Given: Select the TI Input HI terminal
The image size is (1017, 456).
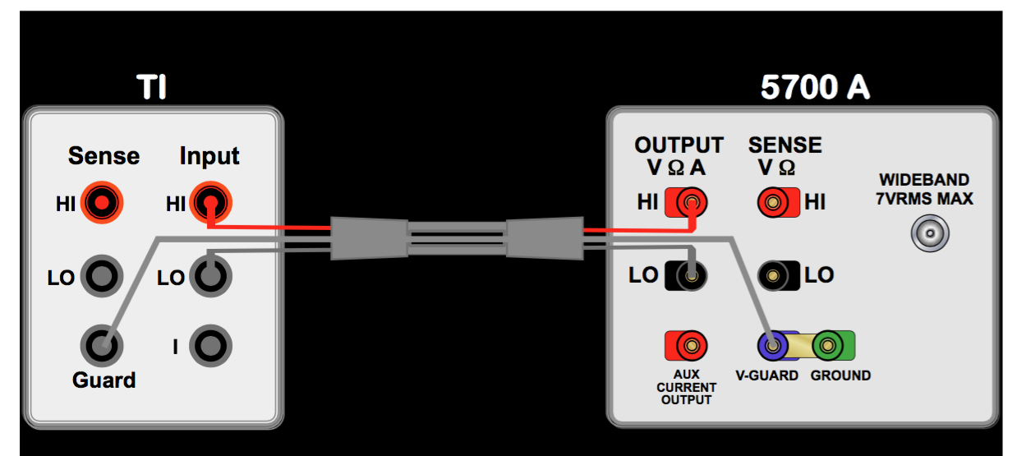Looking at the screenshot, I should click(210, 202).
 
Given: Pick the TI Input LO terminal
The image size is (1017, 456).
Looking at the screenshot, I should click(210, 276).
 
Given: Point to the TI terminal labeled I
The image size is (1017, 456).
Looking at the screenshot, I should click(210, 346).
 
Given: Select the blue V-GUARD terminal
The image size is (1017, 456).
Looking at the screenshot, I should click(773, 346).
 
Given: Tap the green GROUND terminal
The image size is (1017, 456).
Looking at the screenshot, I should click(829, 346).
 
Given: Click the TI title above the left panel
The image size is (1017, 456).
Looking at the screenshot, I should click(151, 86).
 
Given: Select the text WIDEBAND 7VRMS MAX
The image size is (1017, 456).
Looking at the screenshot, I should click(924, 189).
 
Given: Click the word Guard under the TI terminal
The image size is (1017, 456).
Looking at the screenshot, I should click(104, 380).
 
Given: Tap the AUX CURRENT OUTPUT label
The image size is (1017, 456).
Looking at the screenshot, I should click(687, 387).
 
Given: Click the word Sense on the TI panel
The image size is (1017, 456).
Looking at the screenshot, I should click(104, 155).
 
